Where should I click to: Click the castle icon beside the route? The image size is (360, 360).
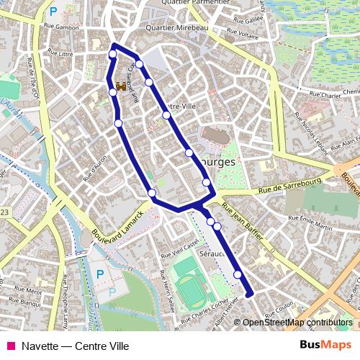click(121, 86)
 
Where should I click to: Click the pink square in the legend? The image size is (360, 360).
click(11, 346)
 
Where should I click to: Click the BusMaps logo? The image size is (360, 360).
click(325, 345)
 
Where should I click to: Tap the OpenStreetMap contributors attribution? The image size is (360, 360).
click(298, 322)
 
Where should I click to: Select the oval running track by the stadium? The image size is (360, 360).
click(192, 290)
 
